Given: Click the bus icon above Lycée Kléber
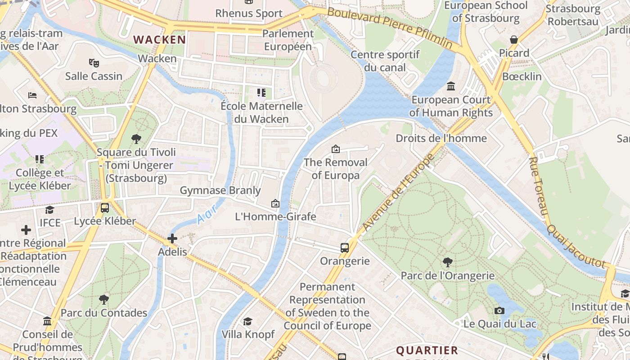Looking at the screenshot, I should [x=105, y=208].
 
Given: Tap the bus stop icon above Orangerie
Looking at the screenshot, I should [x=345, y=247].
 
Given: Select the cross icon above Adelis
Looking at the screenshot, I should [x=172, y=238].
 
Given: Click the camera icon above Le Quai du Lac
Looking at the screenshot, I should [x=499, y=310].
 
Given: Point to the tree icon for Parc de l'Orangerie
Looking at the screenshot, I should [x=447, y=262].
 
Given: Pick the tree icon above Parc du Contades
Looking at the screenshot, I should [x=104, y=299].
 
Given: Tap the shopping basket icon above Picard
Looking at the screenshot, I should [x=514, y=40].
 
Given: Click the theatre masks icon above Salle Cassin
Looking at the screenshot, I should [x=94, y=63].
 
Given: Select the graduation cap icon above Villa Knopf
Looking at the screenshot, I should [x=247, y=321].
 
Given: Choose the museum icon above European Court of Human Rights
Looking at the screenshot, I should [x=451, y=86].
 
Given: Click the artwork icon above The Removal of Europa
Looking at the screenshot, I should [x=335, y=149].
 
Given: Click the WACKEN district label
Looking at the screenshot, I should [x=160, y=40].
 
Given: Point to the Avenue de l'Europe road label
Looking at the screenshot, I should [x=399, y=192].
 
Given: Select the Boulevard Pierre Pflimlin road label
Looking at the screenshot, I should [x=390, y=27].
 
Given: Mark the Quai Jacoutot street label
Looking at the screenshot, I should [x=576, y=246].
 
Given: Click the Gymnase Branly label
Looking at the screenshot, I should [x=220, y=190].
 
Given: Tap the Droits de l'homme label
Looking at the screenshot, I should [x=441, y=138].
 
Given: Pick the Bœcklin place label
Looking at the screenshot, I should [x=522, y=76].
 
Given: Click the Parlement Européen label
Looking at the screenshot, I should [x=288, y=40].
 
